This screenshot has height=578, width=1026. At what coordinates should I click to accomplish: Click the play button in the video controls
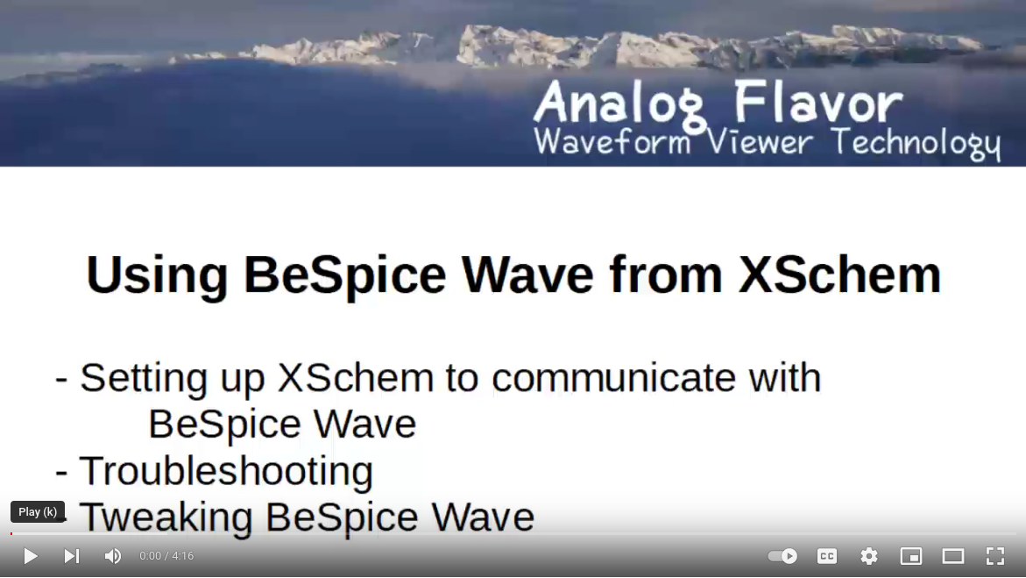[30, 556]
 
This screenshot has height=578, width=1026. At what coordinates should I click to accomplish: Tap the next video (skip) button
[71, 556]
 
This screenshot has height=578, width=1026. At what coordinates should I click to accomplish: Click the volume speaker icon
[112, 556]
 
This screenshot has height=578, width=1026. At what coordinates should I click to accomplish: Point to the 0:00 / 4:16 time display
[166, 556]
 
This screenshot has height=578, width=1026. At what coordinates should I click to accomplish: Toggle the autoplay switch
[782, 556]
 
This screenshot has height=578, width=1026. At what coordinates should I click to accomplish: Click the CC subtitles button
[827, 556]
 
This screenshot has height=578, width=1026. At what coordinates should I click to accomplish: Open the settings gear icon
[869, 556]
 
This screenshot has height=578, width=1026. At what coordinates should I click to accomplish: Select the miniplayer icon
[911, 556]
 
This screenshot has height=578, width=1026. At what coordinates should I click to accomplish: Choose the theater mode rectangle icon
[952, 556]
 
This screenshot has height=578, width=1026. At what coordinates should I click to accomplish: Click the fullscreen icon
[994, 556]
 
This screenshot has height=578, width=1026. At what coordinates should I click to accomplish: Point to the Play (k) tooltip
[38, 512]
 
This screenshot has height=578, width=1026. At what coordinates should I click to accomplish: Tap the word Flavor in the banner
[818, 102]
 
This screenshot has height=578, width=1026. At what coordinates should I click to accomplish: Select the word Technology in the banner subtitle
[916, 143]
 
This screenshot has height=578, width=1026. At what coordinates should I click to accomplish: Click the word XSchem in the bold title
[839, 275]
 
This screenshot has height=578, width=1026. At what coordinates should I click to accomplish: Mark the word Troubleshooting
[226, 471]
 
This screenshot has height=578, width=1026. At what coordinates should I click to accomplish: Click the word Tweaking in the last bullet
[166, 517]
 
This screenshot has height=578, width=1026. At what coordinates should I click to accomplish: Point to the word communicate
[614, 378]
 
